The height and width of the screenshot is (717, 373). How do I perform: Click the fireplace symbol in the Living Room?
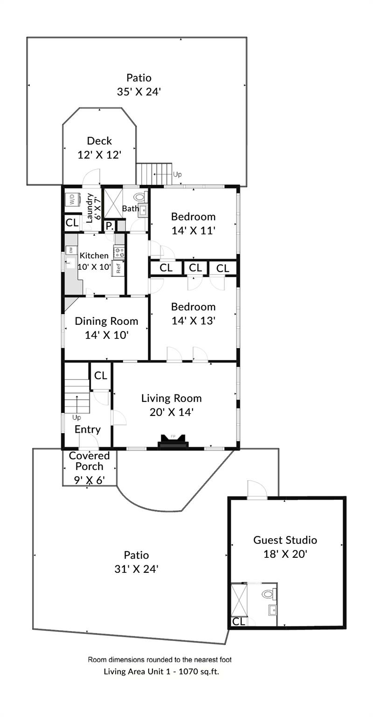click(x=173, y=442)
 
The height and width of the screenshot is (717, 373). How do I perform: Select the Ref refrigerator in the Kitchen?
click(x=118, y=267)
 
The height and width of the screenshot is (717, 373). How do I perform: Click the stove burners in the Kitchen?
click(x=119, y=252)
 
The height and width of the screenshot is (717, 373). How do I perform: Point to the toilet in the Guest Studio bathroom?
click(x=268, y=594)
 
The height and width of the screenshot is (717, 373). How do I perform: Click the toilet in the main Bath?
click(x=140, y=197)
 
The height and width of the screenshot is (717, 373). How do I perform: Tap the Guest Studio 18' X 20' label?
click(x=285, y=547)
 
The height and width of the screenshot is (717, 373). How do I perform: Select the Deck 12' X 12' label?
click(x=99, y=148)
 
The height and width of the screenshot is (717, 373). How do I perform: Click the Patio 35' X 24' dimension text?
click(x=138, y=91)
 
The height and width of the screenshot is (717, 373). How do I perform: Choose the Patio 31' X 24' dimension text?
click(x=136, y=569)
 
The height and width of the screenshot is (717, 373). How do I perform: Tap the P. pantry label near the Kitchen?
click(x=109, y=226)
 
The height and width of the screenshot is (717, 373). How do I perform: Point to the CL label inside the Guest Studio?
click(x=238, y=621)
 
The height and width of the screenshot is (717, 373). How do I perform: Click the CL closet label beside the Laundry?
click(x=72, y=223)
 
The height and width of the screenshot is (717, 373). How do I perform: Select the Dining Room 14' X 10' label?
click(x=106, y=328)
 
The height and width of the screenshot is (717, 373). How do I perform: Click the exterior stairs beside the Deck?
click(x=154, y=174)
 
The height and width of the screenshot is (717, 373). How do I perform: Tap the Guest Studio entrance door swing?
click(x=256, y=490)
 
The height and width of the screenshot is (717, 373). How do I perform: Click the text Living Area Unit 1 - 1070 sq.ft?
click(x=161, y=672)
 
